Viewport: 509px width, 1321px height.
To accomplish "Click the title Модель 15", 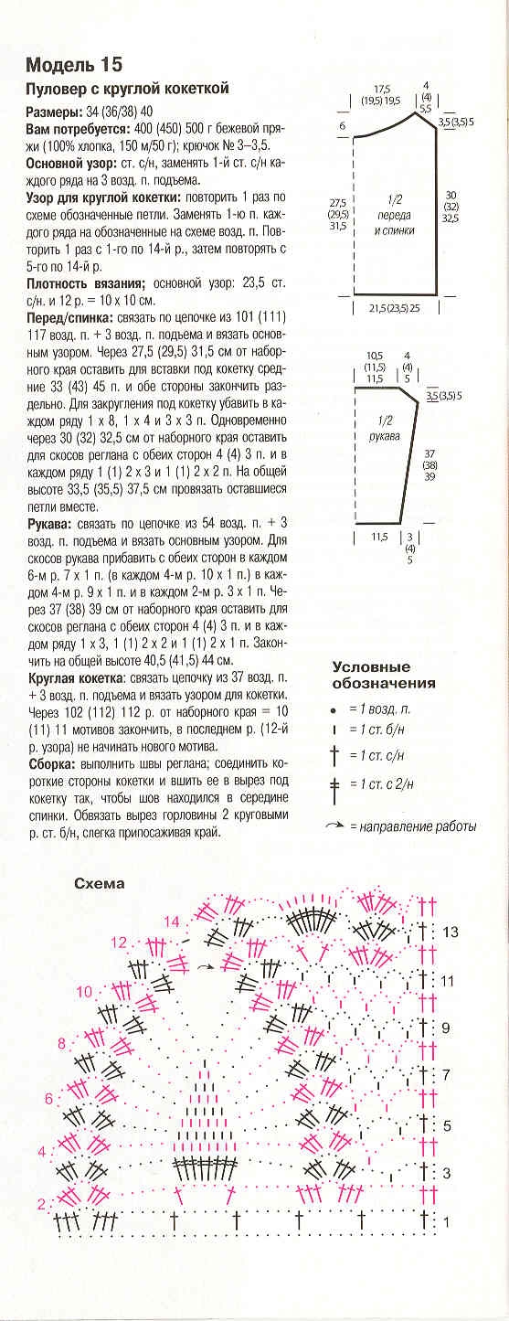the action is click(x=74, y=65).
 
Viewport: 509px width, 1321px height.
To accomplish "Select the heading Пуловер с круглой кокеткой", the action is click(x=126, y=89).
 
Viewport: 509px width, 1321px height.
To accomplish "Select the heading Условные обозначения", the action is click(x=384, y=676).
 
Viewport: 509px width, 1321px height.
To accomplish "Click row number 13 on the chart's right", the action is click(x=449, y=932).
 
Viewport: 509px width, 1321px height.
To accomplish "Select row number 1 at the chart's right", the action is click(x=447, y=1221).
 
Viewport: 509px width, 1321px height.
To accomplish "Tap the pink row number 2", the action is click(x=40, y=1205).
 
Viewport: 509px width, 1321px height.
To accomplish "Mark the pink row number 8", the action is click(x=62, y=1043).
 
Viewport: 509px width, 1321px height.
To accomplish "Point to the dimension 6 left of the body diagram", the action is click(x=342, y=125).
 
